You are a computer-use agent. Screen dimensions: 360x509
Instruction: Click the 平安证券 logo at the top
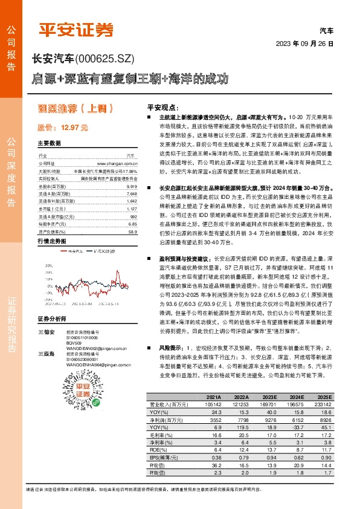76,29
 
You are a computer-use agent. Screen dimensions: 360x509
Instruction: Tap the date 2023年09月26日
304,44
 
